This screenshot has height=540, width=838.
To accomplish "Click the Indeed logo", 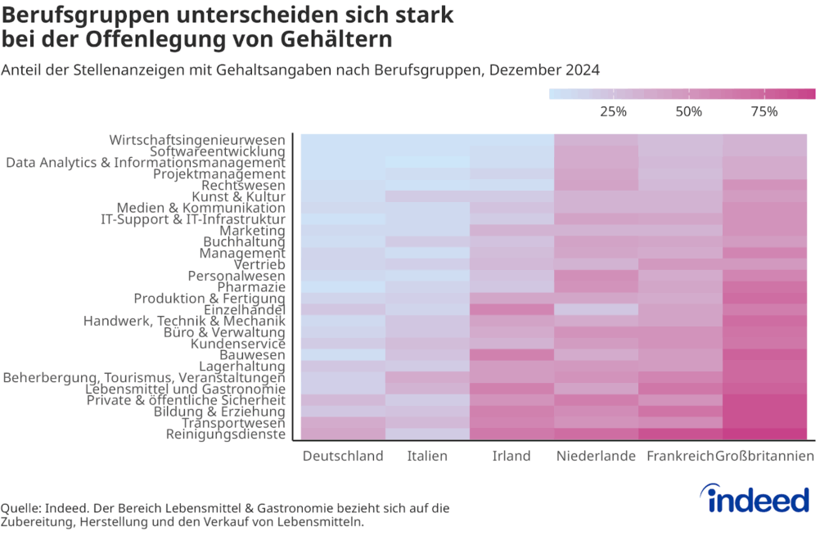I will point(755,498).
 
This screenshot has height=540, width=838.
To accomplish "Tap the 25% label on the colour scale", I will point(613,111).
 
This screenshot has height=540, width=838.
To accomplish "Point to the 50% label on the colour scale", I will point(689,111).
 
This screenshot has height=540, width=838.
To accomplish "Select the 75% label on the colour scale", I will point(764,111).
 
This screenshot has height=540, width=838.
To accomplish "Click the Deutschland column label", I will point(343,456).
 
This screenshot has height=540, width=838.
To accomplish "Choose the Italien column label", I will point(427,456).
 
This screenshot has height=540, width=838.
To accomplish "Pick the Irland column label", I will point(511,456).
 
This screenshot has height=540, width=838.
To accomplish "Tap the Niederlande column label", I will point(596,456).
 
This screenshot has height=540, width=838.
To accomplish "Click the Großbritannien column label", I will point(765,456).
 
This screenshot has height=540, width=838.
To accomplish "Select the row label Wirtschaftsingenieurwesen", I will point(197,140).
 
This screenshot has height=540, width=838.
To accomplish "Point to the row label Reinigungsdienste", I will point(225,434).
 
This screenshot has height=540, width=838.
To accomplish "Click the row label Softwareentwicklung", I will point(218,151).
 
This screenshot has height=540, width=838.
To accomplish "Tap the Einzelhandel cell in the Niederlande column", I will point(596,310).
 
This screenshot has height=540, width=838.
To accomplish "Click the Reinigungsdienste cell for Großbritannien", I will point(764,434).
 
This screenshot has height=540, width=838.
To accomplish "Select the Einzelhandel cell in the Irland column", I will point(511,310).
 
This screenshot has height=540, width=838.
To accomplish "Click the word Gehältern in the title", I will point(339,38).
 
